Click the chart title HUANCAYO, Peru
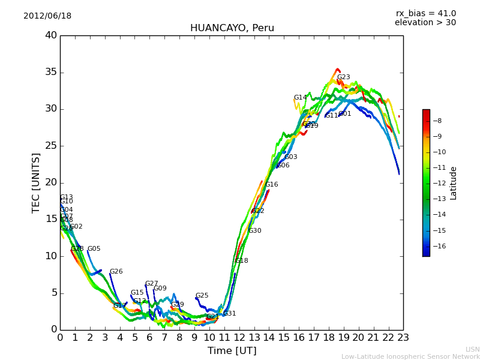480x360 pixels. point(232,28)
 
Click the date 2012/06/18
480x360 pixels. point(47,16)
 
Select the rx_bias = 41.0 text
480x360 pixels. point(425,14)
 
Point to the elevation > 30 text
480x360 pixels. point(425,23)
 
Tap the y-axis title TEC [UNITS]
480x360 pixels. point(36,182)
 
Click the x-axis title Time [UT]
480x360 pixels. point(232,351)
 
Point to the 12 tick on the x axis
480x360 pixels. point(239,338)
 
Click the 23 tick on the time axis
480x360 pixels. point(403,338)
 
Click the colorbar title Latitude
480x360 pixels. point(454,183)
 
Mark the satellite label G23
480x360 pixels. point(343,77)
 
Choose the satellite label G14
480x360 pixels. point(300,98)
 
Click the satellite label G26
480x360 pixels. point(116,272)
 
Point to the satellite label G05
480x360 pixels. point(94,249)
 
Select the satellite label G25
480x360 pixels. point(202,296)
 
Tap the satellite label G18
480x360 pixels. point(241,261)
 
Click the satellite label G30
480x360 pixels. point(254,231)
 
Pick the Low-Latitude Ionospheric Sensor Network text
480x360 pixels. point(410,357)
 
